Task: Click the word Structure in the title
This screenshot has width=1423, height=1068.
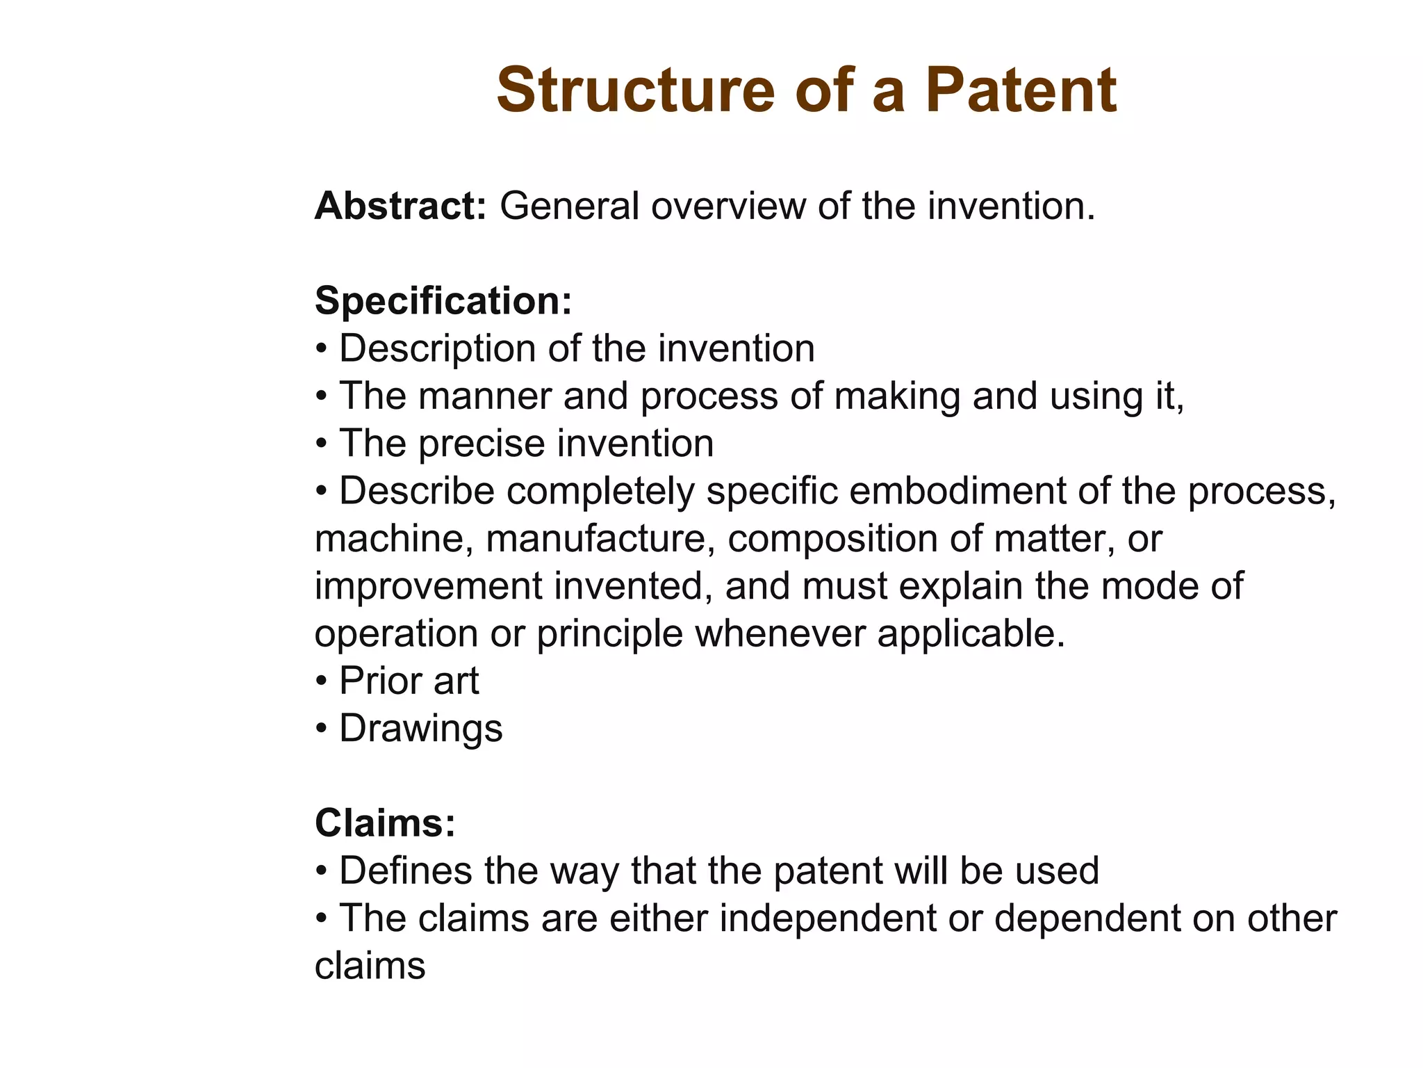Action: (635, 90)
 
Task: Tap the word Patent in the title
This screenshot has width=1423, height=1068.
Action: (1021, 90)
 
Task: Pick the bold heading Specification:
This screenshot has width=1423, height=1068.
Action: (443, 301)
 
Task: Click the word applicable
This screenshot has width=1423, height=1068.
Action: (970, 633)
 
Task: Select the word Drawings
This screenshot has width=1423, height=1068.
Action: (420, 729)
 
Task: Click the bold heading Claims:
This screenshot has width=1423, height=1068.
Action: (385, 823)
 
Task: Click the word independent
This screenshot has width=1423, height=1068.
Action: (828, 919)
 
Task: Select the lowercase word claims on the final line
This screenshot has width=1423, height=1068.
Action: (370, 966)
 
